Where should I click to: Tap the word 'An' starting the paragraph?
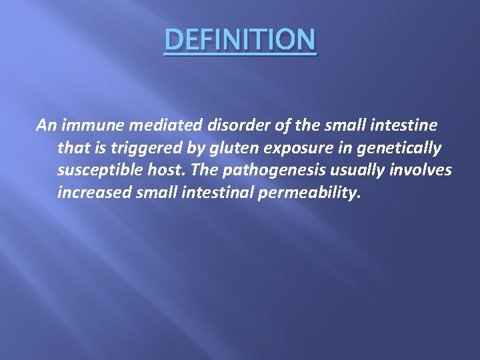[46, 125]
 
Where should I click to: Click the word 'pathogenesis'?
[267, 171]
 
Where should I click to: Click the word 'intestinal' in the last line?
[212, 193]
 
